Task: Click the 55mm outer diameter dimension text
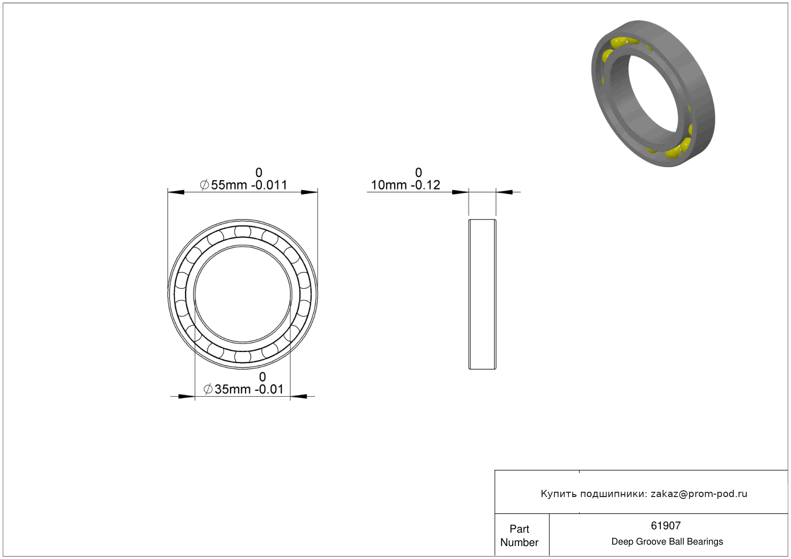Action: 229,185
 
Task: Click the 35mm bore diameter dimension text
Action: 233,389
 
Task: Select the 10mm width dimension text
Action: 388,185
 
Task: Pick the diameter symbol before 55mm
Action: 204,185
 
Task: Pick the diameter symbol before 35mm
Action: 208,389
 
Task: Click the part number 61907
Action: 666,526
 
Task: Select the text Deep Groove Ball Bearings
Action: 667,542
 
